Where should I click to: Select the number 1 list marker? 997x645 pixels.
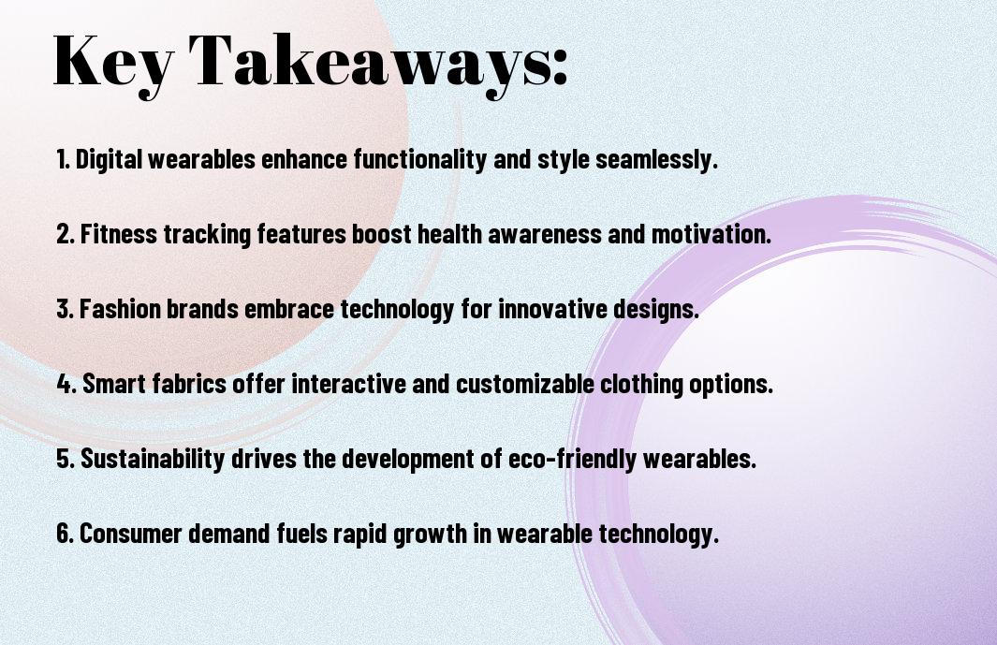coord(63,160)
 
